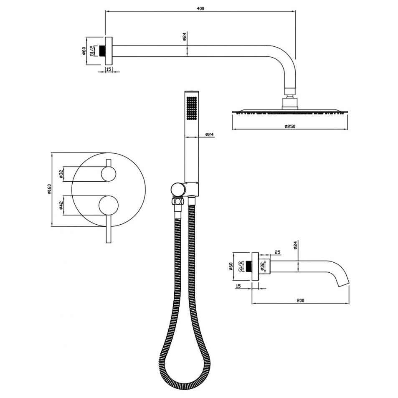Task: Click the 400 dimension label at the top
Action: click(200, 8)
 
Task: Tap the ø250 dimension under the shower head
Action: click(289, 126)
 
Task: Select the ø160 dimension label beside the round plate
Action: click(50, 189)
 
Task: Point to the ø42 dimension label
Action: click(61, 205)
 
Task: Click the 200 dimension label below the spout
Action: click(300, 300)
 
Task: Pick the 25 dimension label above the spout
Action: click(277, 252)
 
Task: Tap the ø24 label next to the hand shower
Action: click(209, 134)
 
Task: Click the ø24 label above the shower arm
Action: click(185, 36)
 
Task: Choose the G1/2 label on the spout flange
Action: click(240, 266)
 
